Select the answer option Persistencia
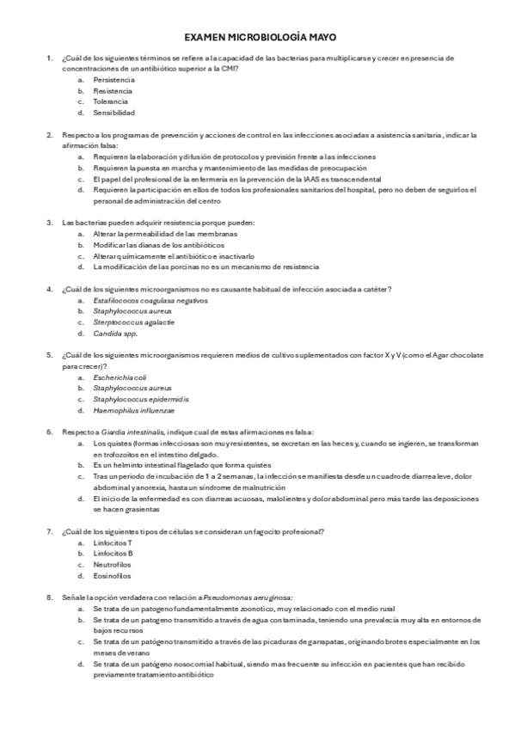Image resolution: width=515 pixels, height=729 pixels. [113, 79]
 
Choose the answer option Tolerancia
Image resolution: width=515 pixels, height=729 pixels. [111, 101]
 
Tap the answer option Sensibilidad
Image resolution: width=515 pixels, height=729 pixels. [114, 113]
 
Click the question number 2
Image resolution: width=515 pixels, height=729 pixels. [50, 136]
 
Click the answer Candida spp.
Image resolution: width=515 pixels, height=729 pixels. [115, 333]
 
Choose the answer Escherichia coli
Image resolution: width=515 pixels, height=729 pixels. [120, 377]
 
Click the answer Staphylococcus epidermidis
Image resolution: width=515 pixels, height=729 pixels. [141, 400]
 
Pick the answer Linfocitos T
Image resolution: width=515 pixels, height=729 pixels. [113, 543]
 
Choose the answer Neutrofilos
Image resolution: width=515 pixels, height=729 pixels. [113, 566]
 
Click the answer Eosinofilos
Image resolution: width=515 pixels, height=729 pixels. [113, 577]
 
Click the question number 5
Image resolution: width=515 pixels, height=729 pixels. [50, 354]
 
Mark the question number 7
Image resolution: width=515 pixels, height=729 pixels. [50, 532]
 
